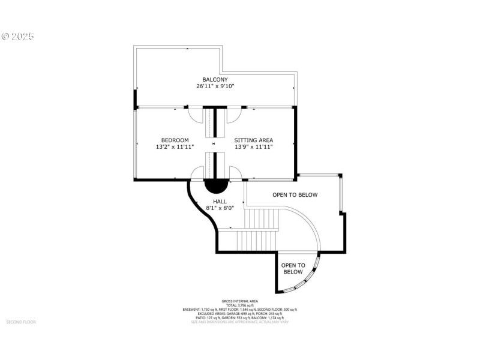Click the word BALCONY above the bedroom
(x=215, y=79)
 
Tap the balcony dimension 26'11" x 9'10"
(x=215, y=86)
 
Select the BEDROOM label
(x=175, y=140)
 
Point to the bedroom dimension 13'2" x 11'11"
(x=175, y=147)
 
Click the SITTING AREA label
(x=253, y=140)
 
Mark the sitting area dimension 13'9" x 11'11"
(x=253, y=147)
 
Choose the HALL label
(x=220, y=202)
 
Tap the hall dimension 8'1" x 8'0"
(x=220, y=208)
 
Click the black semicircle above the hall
(x=217, y=185)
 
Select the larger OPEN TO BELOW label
(x=295, y=195)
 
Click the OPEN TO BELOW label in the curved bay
(x=293, y=268)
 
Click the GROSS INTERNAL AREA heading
(x=239, y=301)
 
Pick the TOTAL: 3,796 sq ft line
(x=239, y=305)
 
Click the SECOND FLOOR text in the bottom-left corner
(x=21, y=322)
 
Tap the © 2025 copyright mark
(x=18, y=37)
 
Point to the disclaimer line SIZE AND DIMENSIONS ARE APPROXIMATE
(x=239, y=322)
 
